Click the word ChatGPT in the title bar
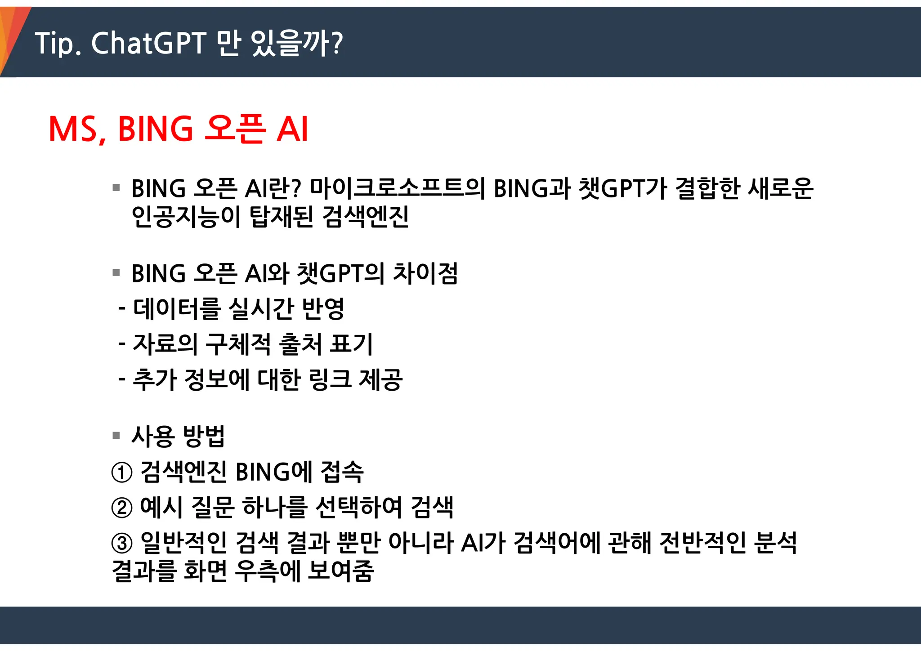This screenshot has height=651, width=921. point(149,43)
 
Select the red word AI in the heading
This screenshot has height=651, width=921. point(292,129)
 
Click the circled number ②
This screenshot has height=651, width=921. point(122,508)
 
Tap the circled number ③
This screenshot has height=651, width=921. point(122,543)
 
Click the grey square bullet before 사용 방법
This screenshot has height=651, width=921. point(116,435)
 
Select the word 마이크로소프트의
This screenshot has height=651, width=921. point(398,188)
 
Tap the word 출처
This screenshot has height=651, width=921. point(300,344)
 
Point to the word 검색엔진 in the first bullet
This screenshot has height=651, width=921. point(365,217)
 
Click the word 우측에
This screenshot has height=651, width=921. point(268,571)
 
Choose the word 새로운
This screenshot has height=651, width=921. point(781,188)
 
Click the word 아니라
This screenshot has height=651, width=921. point(420,543)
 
